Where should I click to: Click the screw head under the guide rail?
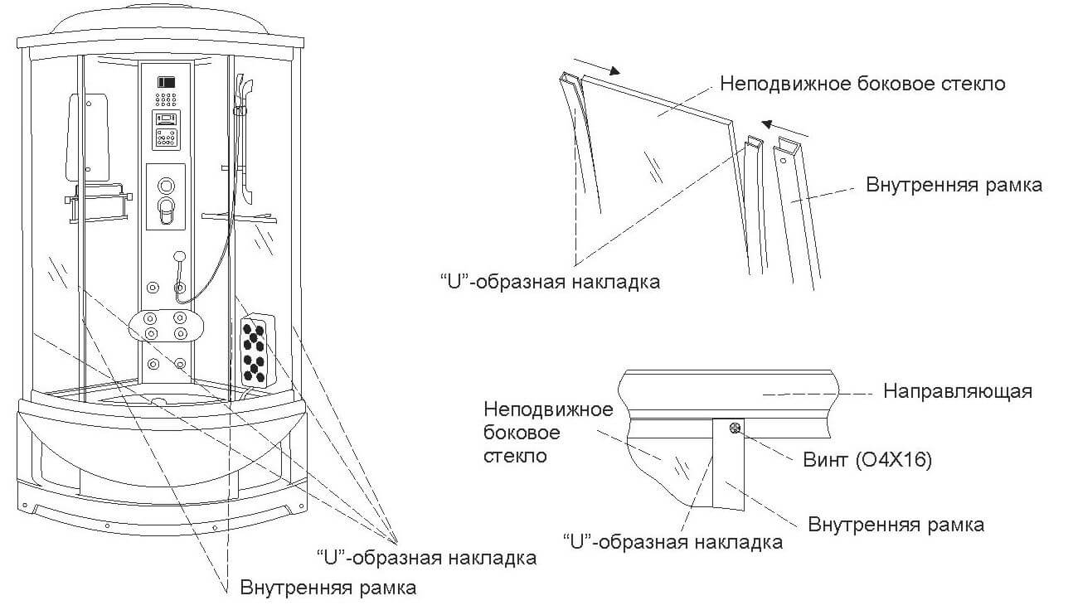[x=734, y=428]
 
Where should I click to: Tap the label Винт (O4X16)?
[x=867, y=461]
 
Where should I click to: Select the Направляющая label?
[x=958, y=391]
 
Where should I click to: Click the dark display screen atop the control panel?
[x=167, y=83]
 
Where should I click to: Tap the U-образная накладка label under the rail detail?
[x=672, y=543]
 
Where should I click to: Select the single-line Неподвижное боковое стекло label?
[x=862, y=84]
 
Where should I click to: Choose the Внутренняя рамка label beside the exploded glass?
[x=954, y=185]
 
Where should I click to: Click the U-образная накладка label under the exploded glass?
[x=550, y=282]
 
